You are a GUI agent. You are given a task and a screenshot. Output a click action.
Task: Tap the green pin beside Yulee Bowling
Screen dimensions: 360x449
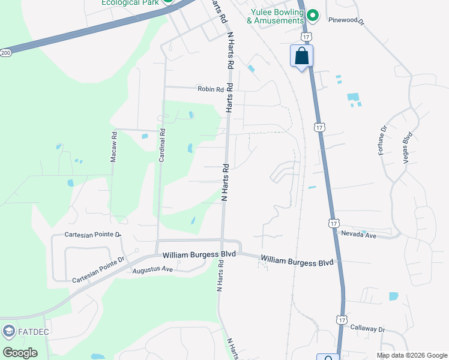[312, 15]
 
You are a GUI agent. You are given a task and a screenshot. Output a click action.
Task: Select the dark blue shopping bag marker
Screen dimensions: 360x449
[301, 56]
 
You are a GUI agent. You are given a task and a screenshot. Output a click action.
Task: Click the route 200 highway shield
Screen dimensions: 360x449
[5, 53]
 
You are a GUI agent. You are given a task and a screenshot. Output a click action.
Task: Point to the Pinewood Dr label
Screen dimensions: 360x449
[346, 20]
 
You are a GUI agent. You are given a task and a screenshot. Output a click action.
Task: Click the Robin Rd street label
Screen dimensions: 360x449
[210, 89]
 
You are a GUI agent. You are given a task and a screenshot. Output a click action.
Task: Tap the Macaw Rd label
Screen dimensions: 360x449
[113, 148]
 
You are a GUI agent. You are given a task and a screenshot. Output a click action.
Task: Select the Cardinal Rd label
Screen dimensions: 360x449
[161, 146]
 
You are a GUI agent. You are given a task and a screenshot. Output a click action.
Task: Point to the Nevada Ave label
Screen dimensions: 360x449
[358, 235]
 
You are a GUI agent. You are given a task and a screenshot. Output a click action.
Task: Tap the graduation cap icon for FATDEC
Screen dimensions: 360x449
[8, 331]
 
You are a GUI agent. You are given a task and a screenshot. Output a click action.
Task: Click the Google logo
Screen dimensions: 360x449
[20, 353]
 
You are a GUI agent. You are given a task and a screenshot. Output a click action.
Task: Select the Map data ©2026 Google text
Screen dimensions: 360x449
[411, 355]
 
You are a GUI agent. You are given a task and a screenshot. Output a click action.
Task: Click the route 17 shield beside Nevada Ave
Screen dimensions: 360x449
[334, 223]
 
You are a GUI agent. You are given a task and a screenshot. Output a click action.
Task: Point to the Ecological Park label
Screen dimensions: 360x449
[131, 2]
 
